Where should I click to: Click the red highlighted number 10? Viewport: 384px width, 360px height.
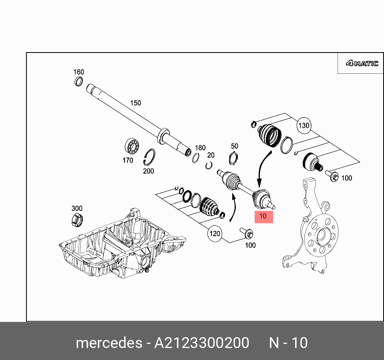pos(263,216)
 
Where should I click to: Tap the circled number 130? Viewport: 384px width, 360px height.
pos(304,125)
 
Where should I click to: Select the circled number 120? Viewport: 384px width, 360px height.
pos(215,233)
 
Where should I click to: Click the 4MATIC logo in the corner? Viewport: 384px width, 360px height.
pos(362,63)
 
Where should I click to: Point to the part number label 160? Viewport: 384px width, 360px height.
pos(78,72)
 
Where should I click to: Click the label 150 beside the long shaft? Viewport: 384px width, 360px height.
pos(136,103)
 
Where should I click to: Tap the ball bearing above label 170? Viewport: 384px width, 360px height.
pos(131,146)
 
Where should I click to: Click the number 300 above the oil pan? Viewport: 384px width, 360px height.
pos(77,208)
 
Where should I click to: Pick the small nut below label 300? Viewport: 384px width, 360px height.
pos(77,219)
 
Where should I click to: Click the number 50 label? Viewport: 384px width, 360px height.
pos(235,146)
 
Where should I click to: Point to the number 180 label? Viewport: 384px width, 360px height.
pos(200,148)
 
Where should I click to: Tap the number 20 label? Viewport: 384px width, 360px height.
pos(211,155)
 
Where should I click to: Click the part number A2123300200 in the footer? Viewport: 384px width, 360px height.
pos(202,343)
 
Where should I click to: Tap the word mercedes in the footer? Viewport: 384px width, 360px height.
pos(109,343)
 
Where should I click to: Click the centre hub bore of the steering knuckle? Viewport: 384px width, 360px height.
pos(321,236)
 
